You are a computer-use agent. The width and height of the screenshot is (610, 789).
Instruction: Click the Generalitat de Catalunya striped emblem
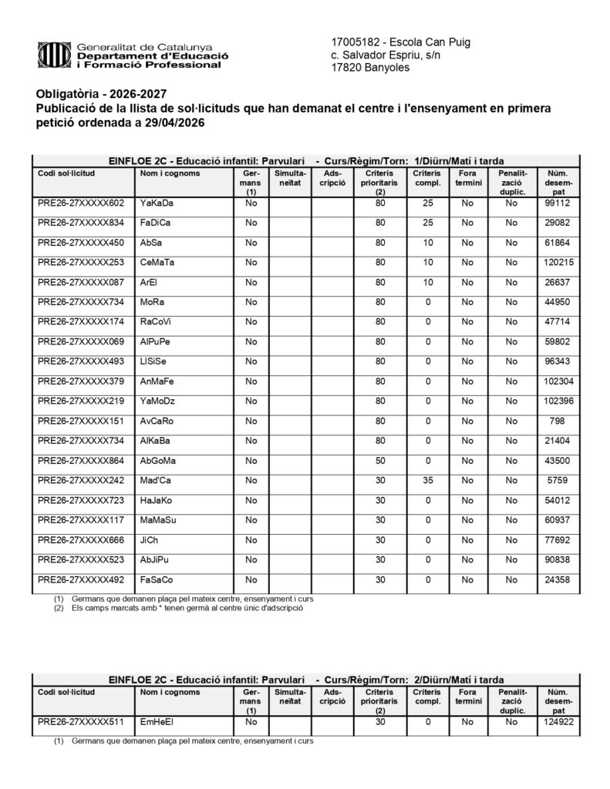pyautogui.click(x=52, y=55)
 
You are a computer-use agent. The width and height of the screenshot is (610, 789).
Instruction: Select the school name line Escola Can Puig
pyautogui.click(x=400, y=42)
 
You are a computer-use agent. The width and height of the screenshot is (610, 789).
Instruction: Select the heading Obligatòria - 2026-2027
pyautogui.click(x=101, y=93)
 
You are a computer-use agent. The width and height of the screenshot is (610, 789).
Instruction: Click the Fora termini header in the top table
pyautogui.click(x=467, y=179)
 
